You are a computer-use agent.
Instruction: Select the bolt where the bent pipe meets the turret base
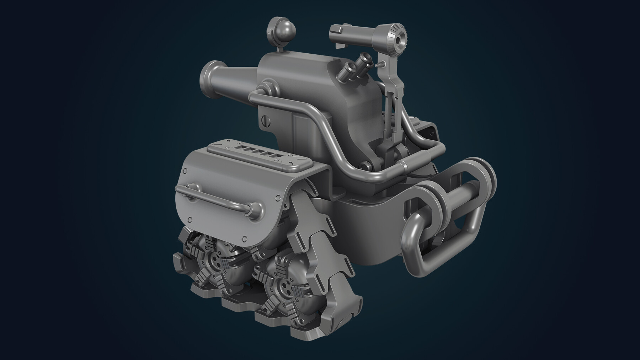pos(364,165)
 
